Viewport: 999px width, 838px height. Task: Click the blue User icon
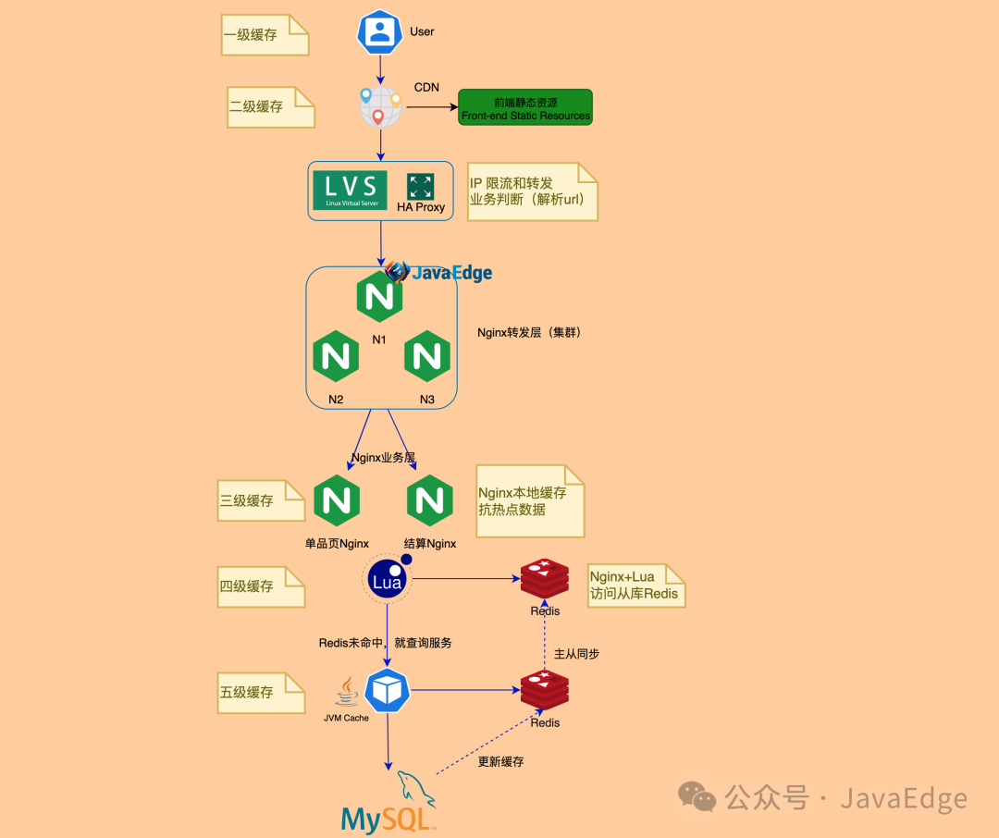click(379, 32)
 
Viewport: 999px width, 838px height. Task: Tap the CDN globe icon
click(380, 107)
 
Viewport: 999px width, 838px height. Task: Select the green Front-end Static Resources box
click(525, 107)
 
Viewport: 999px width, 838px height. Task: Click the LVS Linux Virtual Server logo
click(350, 190)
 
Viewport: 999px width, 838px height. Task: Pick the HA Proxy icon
click(420, 186)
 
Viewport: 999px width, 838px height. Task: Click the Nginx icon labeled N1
click(379, 298)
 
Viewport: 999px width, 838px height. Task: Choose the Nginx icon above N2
click(336, 356)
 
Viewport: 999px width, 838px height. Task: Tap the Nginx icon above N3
click(427, 356)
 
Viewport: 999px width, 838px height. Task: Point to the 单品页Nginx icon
click(337, 500)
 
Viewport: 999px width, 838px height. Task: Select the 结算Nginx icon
click(429, 500)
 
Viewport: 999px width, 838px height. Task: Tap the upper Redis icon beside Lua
click(545, 580)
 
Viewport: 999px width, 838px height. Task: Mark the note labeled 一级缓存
click(265, 35)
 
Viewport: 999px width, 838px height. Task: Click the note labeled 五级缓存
click(261, 692)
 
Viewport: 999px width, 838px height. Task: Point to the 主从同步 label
click(576, 654)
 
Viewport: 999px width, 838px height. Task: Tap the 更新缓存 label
click(500, 762)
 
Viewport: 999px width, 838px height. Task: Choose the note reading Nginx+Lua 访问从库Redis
click(635, 585)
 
